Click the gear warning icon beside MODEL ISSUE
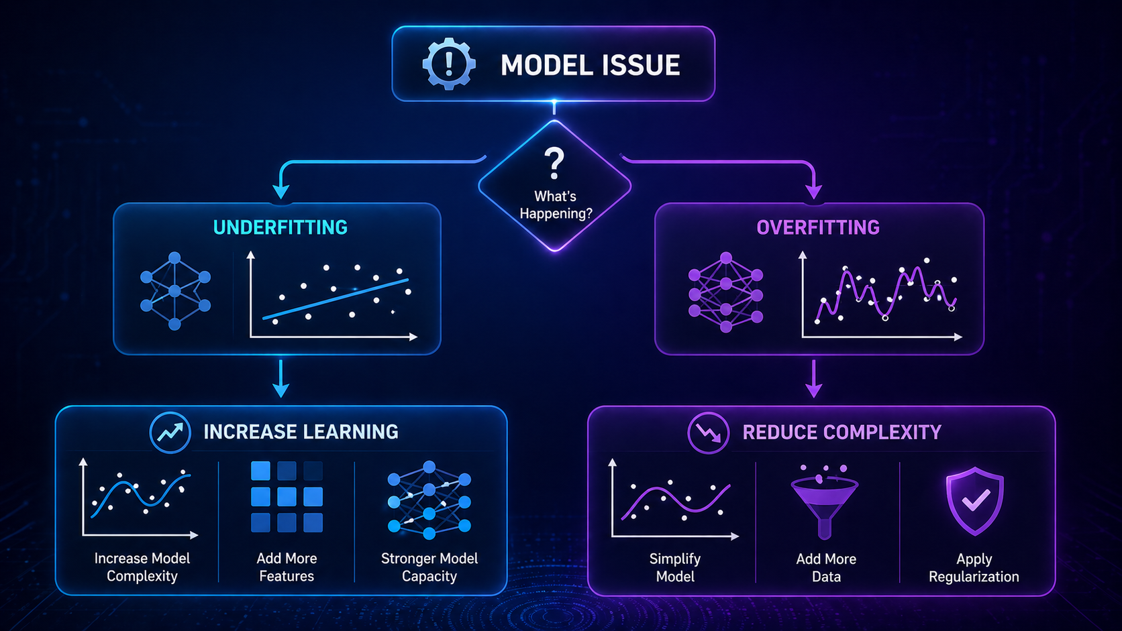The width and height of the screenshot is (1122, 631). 449,64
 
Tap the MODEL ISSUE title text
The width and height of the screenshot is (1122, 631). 590,66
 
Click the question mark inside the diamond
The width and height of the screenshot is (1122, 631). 554,164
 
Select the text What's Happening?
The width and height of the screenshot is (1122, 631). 555,205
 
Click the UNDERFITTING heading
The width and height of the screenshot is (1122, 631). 280,227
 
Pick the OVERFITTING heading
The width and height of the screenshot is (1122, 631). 817,227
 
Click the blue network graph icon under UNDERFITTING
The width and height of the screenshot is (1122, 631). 175,291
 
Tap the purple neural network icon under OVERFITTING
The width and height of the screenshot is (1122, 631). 725,292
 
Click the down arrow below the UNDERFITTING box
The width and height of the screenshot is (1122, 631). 281,380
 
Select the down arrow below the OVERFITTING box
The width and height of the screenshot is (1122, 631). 813,380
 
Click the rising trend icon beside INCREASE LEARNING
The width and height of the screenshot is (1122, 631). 170,432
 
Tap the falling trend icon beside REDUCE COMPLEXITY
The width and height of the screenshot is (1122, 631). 708,433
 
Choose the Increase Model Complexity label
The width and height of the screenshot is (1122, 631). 142,567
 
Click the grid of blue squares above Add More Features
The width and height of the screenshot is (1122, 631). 287,497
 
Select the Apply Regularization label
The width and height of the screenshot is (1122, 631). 974,567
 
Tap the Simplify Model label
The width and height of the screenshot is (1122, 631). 675,567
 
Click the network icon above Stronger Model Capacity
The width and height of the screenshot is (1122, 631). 429,500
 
